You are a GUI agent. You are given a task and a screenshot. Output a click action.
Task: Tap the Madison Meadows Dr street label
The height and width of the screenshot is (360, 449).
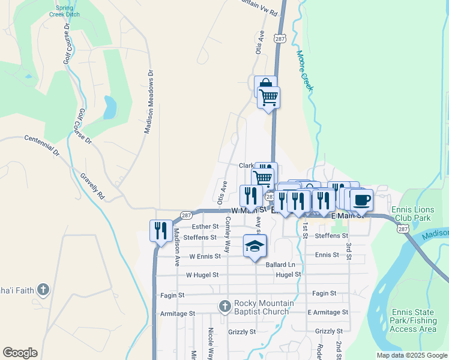pyautogui.click(x=149, y=100)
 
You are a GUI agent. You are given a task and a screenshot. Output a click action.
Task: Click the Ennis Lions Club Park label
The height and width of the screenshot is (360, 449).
pyautogui.click(x=423, y=214)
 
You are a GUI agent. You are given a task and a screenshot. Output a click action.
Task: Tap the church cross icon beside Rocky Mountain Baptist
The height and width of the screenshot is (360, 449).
pyautogui.click(x=225, y=307)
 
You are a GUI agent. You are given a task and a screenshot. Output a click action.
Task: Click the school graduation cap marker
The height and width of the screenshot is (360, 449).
pyautogui.click(x=255, y=245)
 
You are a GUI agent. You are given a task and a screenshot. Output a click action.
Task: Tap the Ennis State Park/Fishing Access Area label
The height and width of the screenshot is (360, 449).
pyautogui.click(x=412, y=320)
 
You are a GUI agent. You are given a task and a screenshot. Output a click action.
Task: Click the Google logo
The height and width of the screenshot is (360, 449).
pyautogui.click(x=20, y=353)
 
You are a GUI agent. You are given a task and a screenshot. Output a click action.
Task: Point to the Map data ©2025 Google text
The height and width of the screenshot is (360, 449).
pyautogui.click(x=412, y=355)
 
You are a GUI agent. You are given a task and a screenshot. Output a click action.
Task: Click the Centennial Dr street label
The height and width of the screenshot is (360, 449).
pyautogui.click(x=43, y=146)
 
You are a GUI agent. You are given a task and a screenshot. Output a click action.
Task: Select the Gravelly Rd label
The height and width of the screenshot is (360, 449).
pyautogui.click(x=93, y=187)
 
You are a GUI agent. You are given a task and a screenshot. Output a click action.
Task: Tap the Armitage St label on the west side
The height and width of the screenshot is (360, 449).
pyautogui.click(x=178, y=313)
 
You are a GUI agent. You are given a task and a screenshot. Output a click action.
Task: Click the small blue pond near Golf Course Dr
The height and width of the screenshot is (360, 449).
pyautogui.click(x=109, y=107)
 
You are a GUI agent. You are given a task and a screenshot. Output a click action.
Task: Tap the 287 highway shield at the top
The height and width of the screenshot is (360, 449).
pyautogui.click(x=279, y=38)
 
